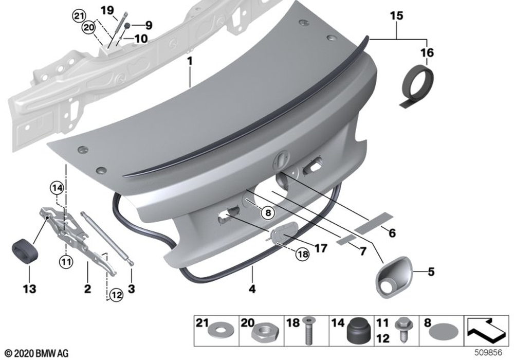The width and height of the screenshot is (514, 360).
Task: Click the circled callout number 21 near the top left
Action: click(x=79, y=16)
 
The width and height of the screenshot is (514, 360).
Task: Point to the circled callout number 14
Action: click(x=57, y=188)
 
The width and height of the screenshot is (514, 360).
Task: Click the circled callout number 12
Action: click(x=116, y=295)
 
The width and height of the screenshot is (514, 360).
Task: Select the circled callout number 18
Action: click(x=302, y=254)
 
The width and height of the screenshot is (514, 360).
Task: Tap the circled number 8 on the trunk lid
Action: click(x=268, y=213)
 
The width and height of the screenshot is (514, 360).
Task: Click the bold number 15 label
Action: click(x=396, y=15)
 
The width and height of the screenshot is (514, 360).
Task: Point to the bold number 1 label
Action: click(x=190, y=61)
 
